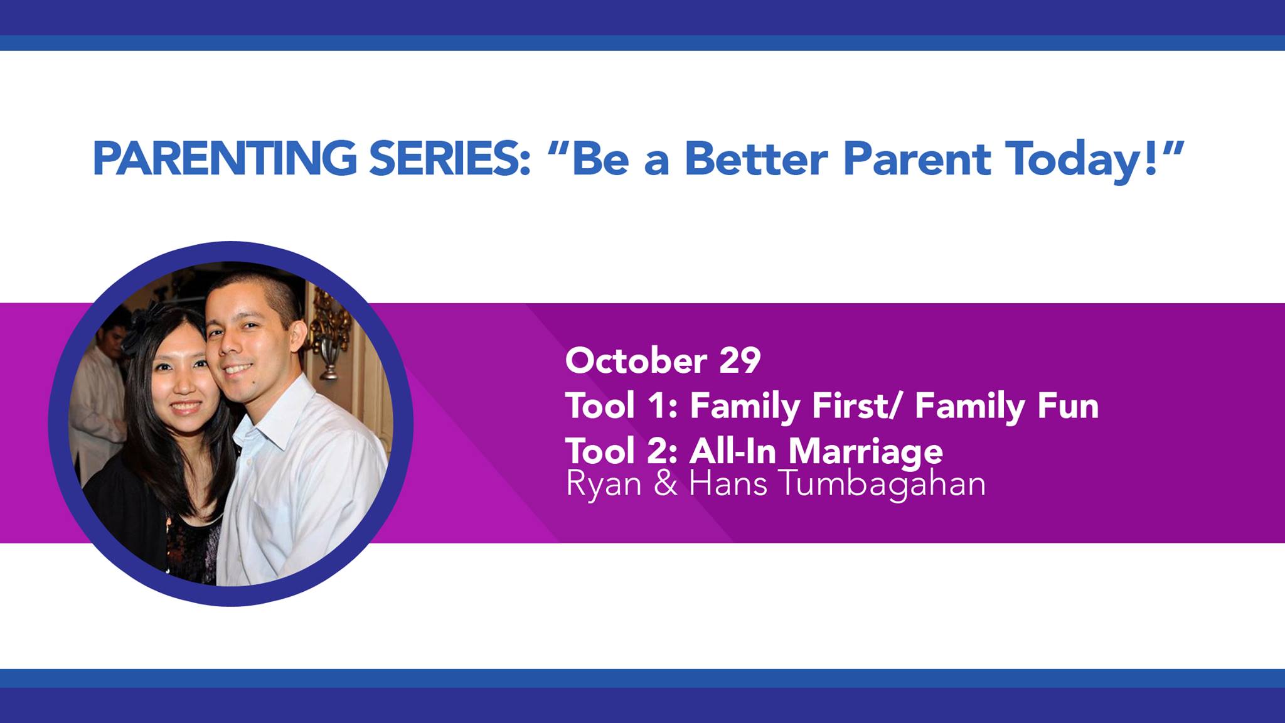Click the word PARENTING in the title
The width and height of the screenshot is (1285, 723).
coord(225,159)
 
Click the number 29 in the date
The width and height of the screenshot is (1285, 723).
coord(740,361)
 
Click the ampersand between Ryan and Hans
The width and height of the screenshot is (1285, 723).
coord(665,484)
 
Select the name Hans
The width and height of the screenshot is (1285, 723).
coord(728,484)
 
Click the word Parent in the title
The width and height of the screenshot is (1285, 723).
coord(917,159)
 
